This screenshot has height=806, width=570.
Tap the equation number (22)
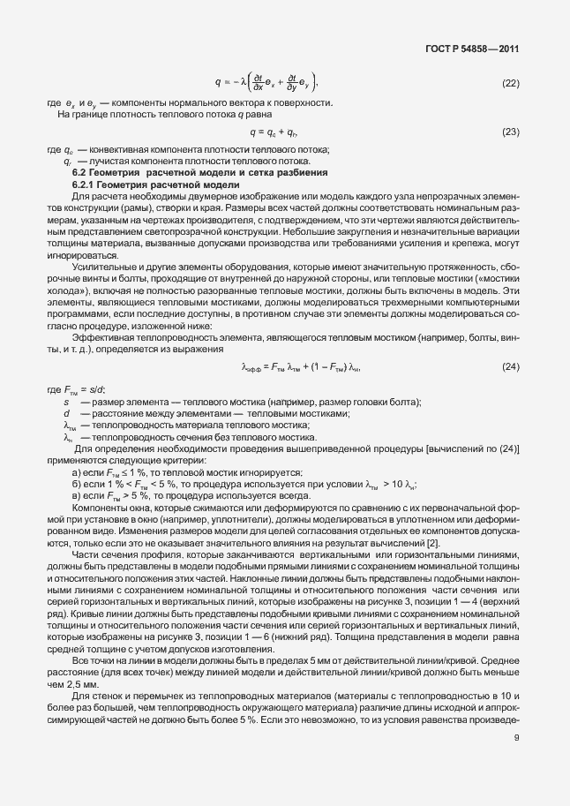pyautogui.click(x=510, y=83)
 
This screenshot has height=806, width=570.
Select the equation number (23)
pyautogui.click(x=510, y=132)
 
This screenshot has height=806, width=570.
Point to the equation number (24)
pyautogui.click(x=510, y=342)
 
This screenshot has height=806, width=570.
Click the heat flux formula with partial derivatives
pyautogui.click(x=265, y=83)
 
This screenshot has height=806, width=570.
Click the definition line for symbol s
pyautogui.click(x=229, y=403)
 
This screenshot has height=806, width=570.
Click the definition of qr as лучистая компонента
pyautogui.click(x=185, y=162)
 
